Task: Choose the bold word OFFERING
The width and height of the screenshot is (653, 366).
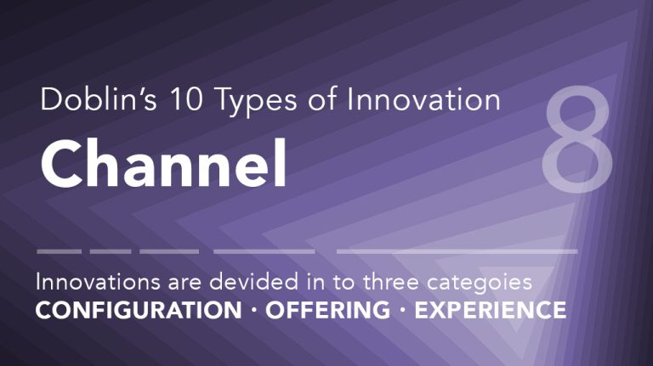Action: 327,310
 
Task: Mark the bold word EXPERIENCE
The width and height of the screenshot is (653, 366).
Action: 489,310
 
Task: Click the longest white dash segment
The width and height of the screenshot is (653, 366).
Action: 457,251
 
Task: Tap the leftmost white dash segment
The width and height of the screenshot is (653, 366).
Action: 59,251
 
